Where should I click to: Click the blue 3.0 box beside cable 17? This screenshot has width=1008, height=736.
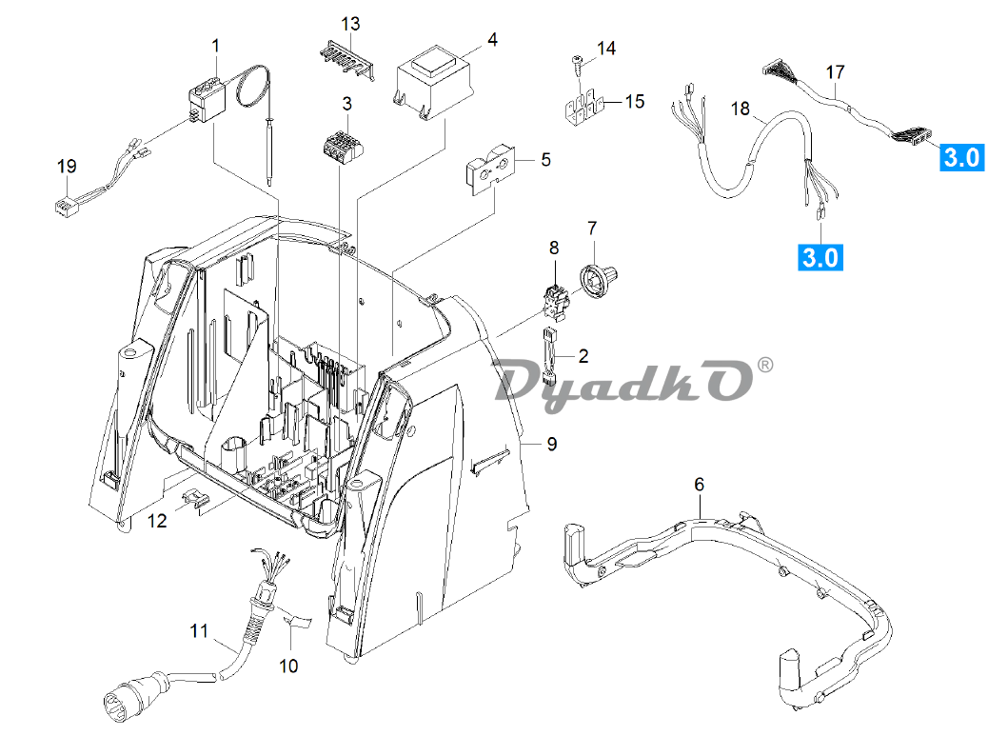960,157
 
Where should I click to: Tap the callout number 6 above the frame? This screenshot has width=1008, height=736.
699,485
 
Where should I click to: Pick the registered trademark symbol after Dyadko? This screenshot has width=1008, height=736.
764,365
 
